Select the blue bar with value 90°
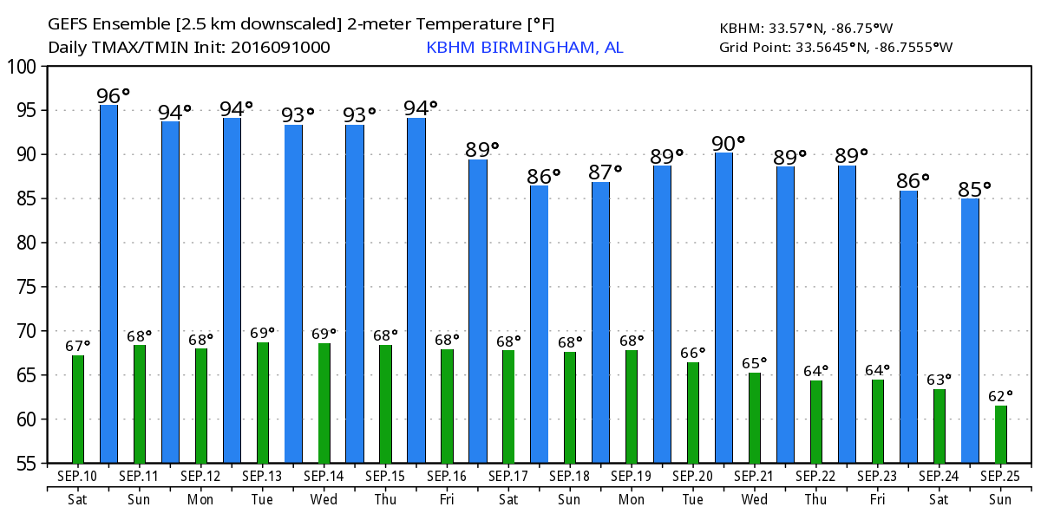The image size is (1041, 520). tap(723, 308)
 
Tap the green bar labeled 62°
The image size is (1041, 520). tap(1001, 434)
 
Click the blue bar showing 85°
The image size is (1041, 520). tap(970, 330)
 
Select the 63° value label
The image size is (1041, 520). tap(940, 379)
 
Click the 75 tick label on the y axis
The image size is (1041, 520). tap(26, 287)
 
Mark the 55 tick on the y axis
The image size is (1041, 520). tap(26, 464)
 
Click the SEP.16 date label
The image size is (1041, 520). tap(448, 476)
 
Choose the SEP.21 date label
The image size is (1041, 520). tap(755, 476)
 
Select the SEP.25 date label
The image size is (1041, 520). tap(1001, 476)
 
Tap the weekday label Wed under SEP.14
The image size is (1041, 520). tap(324, 498)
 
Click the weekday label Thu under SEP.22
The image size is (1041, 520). tap(816, 498)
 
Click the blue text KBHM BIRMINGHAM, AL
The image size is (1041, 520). tap(524, 47)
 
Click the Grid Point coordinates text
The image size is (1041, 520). tap(836, 47)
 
